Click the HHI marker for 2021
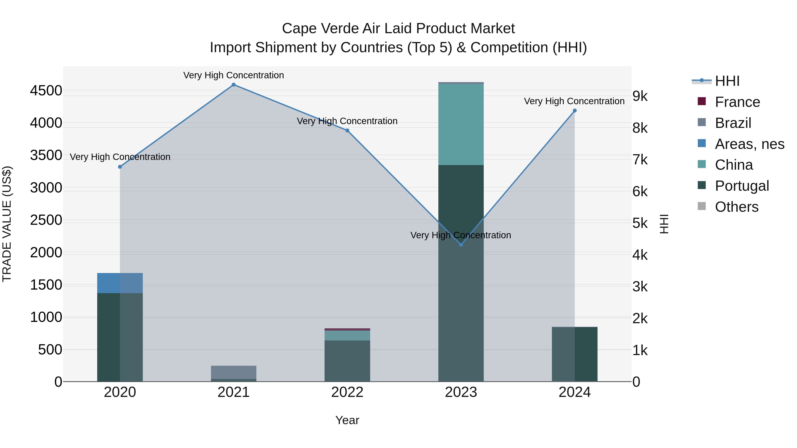coord(234,85)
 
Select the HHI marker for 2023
coord(461,244)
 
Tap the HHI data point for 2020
coord(120,167)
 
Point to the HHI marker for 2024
coord(575,111)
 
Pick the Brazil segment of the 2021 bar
coord(234,372)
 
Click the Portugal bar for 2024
coord(575,354)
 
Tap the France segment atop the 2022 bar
coord(347,329)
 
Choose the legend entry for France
coord(737,102)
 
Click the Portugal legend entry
coord(742,186)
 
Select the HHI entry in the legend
coord(727,81)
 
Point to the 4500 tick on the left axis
coord(46,91)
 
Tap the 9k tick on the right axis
coord(640,96)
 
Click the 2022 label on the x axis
coord(347,392)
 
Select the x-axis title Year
coord(347,420)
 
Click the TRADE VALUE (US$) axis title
coord(7,224)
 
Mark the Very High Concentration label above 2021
coord(234,75)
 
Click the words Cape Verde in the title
coord(321,29)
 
